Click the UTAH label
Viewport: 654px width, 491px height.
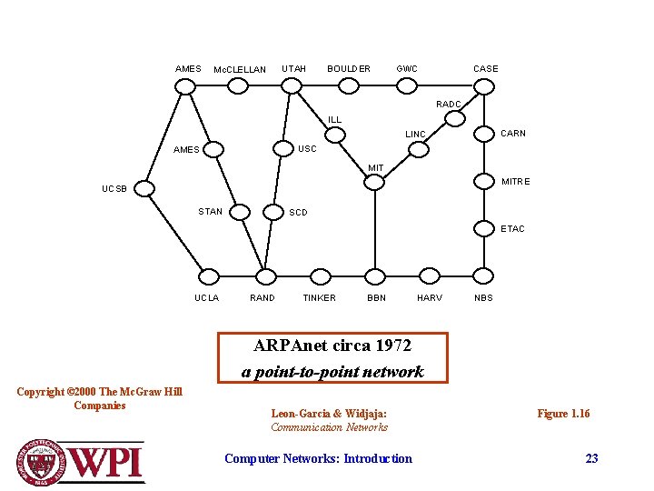click(293, 69)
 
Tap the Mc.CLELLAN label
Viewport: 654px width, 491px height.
click(239, 70)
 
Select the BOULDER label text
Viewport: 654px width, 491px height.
click(349, 69)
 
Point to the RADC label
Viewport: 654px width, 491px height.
click(449, 105)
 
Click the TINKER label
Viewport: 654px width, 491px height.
click(319, 298)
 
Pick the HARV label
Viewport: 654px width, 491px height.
click(429, 298)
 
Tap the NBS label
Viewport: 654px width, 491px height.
click(483, 298)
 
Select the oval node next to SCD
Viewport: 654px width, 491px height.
click(272, 213)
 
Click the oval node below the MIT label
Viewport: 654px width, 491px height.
click(375, 182)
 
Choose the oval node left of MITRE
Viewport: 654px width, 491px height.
click(481, 182)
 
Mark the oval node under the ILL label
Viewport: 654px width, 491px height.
click(336, 135)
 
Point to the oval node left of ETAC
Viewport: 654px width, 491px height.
click(481, 229)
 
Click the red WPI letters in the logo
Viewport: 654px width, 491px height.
click(106, 463)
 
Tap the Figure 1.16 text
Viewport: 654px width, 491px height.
click(563, 415)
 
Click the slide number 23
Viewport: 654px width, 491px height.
click(591, 459)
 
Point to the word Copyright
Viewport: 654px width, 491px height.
click(41, 393)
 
